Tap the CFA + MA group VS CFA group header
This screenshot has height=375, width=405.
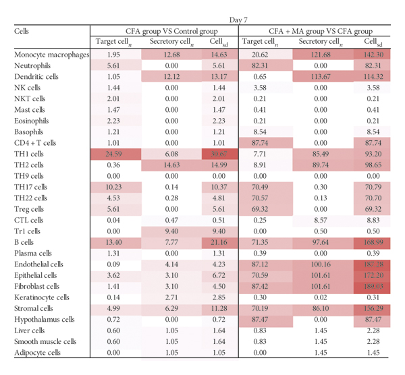[x=321, y=31]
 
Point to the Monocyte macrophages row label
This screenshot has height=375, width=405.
[x=51, y=55]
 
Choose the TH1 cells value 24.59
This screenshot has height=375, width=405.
[x=113, y=153]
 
